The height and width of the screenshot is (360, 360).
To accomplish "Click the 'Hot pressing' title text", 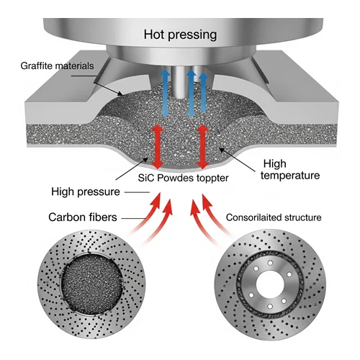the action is [x=180, y=35].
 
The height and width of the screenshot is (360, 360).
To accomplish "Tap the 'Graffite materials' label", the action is [x=57, y=66].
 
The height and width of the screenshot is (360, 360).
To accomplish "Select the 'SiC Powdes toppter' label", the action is [x=183, y=178].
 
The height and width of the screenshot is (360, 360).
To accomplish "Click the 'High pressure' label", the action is [x=86, y=192].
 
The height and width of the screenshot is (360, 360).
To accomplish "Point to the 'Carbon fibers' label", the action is [x=83, y=217].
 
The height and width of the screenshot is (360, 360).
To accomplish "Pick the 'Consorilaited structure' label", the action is [x=274, y=217].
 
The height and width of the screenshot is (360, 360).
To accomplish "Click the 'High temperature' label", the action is [x=290, y=170].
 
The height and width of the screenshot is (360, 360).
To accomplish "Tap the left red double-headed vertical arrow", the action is [x=157, y=147].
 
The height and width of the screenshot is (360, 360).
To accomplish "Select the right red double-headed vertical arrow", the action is [x=203, y=147].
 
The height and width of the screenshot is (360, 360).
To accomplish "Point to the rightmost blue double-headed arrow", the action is [x=204, y=93].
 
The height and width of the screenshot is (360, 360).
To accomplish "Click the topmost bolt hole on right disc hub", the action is [x=270, y=263].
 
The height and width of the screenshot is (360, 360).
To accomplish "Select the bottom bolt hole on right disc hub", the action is [x=270, y=306].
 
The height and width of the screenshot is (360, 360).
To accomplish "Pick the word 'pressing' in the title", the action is [x=192, y=35].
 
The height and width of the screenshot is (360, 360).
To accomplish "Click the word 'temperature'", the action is [x=290, y=176].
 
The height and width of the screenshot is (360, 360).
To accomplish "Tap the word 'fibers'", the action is [x=102, y=217].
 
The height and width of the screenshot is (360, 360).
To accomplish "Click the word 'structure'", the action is [x=302, y=217].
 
